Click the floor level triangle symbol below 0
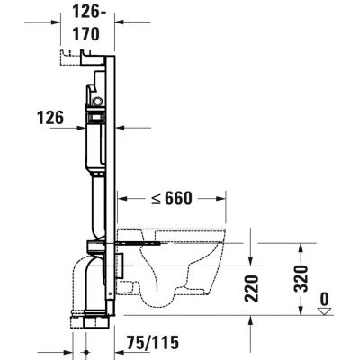click(325, 311)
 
